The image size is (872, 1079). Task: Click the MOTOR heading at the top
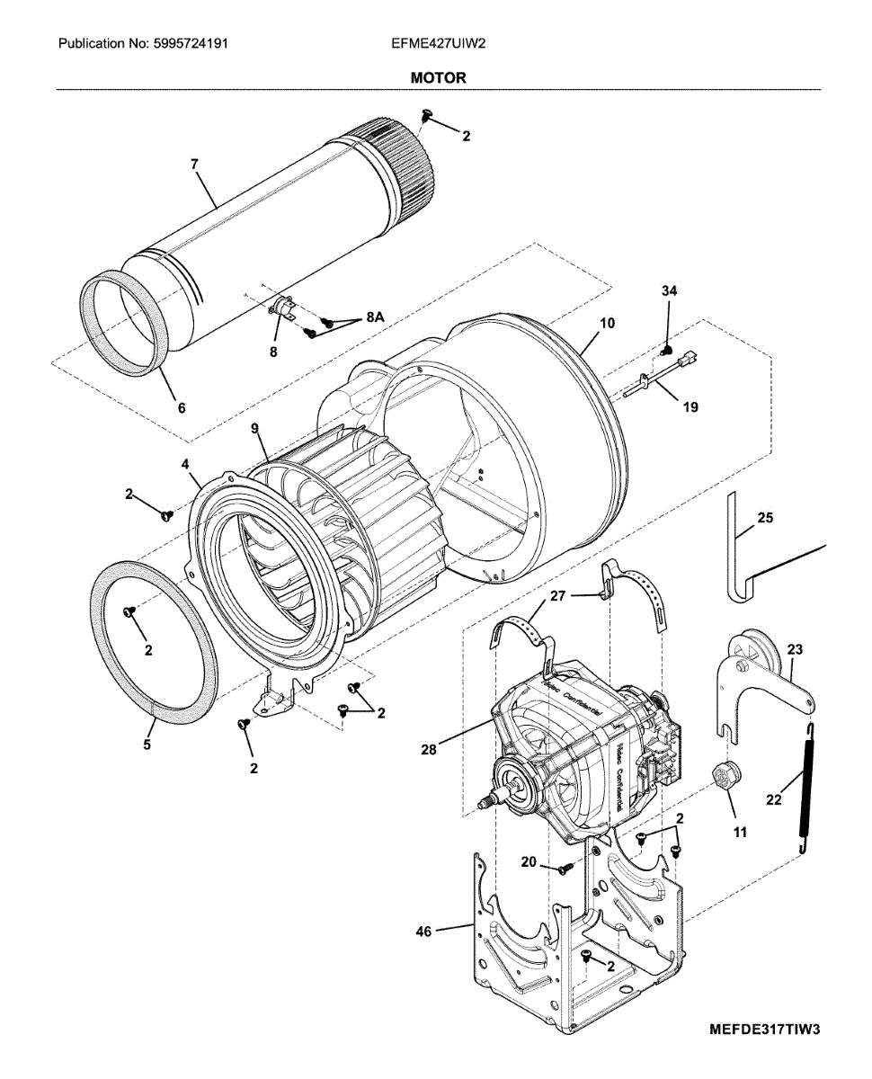coord(438,78)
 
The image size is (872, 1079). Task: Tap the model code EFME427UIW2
coord(439,42)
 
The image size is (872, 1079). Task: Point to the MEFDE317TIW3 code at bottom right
coord(764,1028)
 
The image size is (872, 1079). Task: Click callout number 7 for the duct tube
coord(194,164)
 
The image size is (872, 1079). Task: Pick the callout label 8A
coord(375,317)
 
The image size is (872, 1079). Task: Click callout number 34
coord(669,291)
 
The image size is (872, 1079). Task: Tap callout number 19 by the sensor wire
coord(690,406)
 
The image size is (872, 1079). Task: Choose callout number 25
coord(765,518)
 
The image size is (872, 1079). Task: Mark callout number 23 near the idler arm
coord(796,648)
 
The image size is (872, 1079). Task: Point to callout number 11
coord(740,833)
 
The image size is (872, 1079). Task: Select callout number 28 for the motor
coord(430,749)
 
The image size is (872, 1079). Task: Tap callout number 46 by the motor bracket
coord(423,932)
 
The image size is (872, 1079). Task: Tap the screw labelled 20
coord(564,868)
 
